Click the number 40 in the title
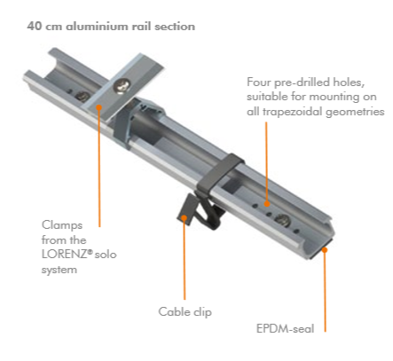click(x=35, y=26)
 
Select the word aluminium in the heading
click(x=97, y=26)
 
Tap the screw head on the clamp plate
click(x=122, y=86)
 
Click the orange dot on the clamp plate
click(x=99, y=107)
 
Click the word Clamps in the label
click(x=62, y=225)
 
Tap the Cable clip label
click(x=185, y=312)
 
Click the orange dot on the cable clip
click(x=184, y=218)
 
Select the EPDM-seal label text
click(x=285, y=329)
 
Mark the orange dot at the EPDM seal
click(x=325, y=250)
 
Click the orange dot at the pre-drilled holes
click(x=267, y=203)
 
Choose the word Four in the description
click(x=259, y=82)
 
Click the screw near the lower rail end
click(x=282, y=221)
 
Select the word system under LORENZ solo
click(x=59, y=270)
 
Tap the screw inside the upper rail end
click(x=83, y=96)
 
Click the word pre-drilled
click(x=302, y=82)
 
